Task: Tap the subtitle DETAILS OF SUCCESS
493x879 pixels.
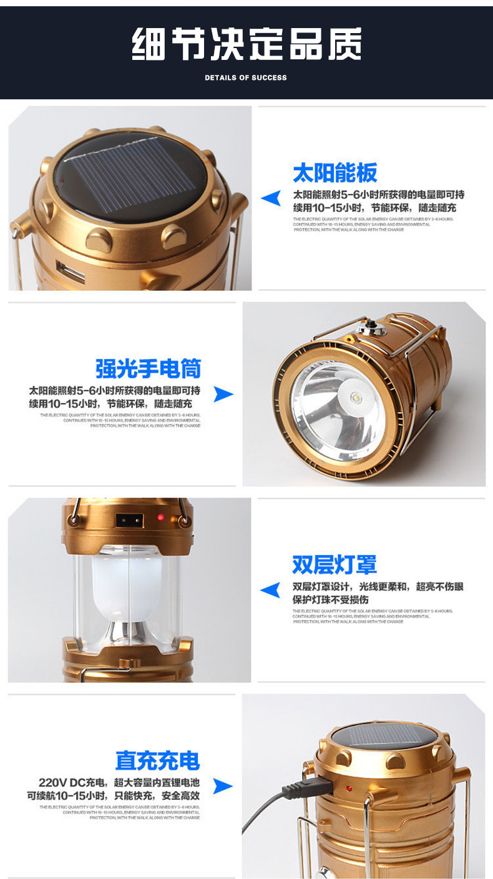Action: [246, 78]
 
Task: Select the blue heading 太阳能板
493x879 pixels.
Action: [334, 173]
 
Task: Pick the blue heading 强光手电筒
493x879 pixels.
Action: [148, 368]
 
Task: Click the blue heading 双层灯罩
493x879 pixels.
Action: [334, 564]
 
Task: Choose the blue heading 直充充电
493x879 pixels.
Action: [157, 760]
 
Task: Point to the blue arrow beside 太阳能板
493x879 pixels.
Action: [271, 199]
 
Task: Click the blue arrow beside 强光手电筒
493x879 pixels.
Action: [223, 394]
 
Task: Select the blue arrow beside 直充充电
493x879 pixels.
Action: [223, 786]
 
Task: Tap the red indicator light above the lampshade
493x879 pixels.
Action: [160, 518]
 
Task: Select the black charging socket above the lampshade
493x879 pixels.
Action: [129, 519]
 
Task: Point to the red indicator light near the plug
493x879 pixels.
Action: [349, 789]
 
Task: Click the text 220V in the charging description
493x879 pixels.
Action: [52, 783]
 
